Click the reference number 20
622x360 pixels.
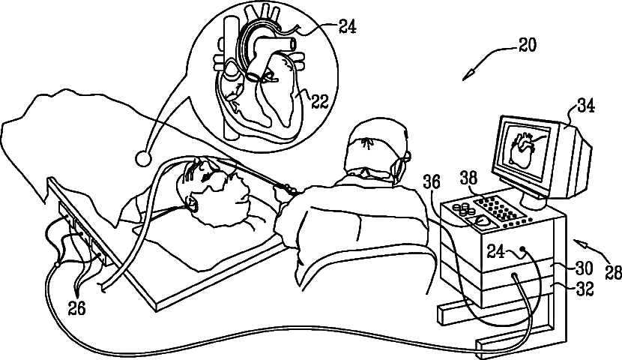pyautogui.click(x=528, y=46)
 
